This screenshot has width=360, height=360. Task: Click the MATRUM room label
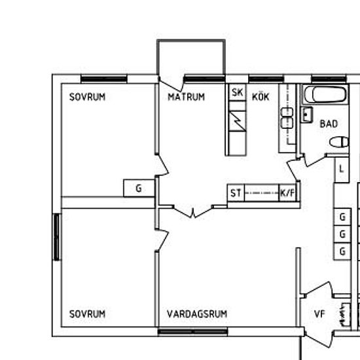coord(186,97)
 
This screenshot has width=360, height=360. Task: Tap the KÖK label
coord(261,96)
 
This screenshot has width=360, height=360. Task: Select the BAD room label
coord(329,124)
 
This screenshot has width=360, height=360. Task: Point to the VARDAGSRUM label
coord(197,314)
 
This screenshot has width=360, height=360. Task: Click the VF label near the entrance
coord(319,314)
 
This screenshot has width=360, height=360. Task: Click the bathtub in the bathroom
coord(325,95)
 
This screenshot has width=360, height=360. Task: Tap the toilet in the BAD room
coord(339,142)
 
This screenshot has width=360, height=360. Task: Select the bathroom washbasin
coord(307,115)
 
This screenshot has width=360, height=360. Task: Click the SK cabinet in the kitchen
coord(238,92)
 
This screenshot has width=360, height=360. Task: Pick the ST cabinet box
coord(236,193)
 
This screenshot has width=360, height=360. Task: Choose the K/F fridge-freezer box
coord(287,193)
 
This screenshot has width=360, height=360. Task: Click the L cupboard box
coord(342,170)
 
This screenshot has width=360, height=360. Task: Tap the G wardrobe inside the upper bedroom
coord(139,189)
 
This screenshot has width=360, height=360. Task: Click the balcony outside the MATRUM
coord(191,57)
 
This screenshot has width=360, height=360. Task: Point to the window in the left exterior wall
coord(56,237)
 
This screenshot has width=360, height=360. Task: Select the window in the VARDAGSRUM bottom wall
coord(192,332)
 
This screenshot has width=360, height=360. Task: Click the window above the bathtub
coord(329,79)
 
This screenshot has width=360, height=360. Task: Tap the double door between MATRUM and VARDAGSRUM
coord(193,211)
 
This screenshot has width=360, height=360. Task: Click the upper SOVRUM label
coord(87,97)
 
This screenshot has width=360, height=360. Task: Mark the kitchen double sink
coord(287,118)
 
